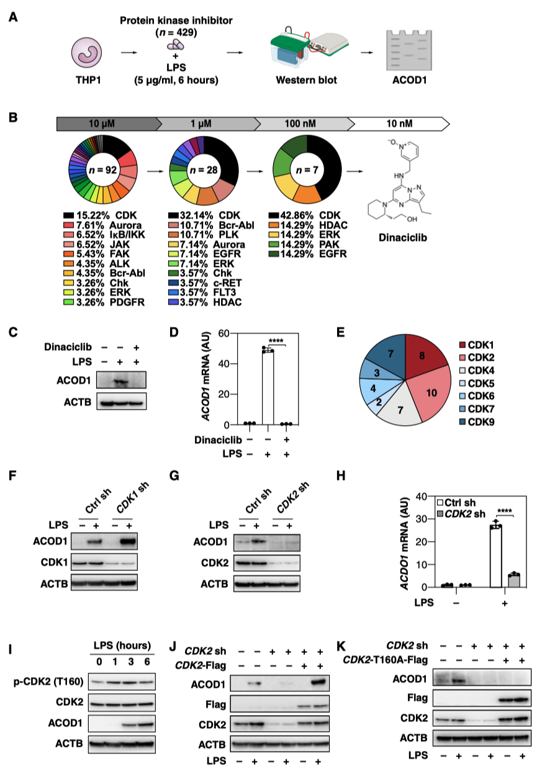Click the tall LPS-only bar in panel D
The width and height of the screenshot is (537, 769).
(x=268, y=388)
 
